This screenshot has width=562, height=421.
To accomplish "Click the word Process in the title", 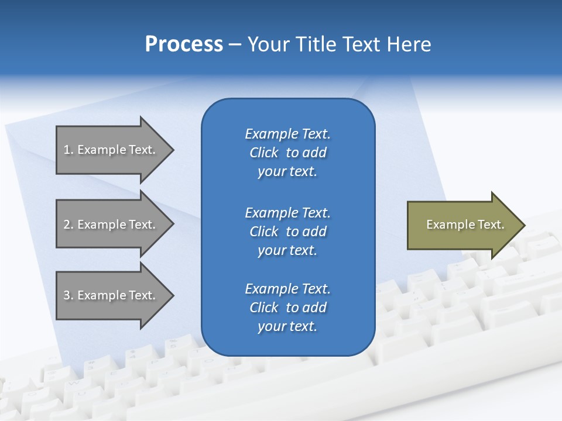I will click(x=184, y=44).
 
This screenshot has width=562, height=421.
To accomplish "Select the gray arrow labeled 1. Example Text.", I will click(x=111, y=150).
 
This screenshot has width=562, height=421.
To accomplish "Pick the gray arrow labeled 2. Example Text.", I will click(x=111, y=225).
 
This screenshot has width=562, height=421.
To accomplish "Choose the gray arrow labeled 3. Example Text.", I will click(x=111, y=295).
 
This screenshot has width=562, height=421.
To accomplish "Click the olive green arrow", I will click(x=462, y=225).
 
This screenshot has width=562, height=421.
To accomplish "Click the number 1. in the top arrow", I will click(x=68, y=150).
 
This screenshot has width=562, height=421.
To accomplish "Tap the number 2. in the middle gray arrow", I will click(x=68, y=225).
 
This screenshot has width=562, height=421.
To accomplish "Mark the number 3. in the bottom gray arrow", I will click(x=68, y=295).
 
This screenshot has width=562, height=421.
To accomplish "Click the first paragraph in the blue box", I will click(x=287, y=153).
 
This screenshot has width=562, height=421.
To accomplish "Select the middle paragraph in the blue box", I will click(x=287, y=232).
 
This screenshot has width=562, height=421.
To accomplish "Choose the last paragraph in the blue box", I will click(x=287, y=308).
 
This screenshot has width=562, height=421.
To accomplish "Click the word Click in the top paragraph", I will click(x=264, y=153).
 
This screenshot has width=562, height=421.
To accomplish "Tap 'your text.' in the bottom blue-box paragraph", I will click(x=287, y=326).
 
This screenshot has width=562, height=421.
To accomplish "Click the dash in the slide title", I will click(x=235, y=44).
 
